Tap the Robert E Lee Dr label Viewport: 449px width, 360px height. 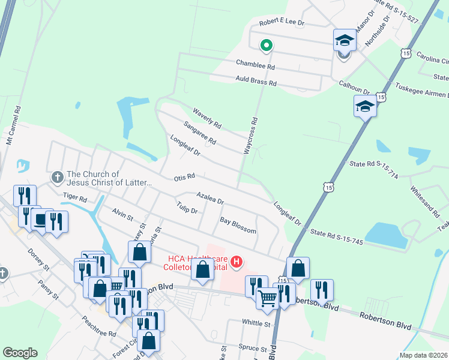coord(282,23)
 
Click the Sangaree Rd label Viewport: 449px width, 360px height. coord(200,133)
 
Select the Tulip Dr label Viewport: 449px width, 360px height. coord(187,208)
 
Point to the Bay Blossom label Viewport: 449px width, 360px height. coord(238,226)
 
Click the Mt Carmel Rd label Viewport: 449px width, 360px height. coord(13,127)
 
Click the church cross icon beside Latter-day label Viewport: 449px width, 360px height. coord(57,177)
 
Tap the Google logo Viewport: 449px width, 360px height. coord(20,353)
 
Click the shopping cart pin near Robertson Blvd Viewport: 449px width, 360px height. coord(267,298)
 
